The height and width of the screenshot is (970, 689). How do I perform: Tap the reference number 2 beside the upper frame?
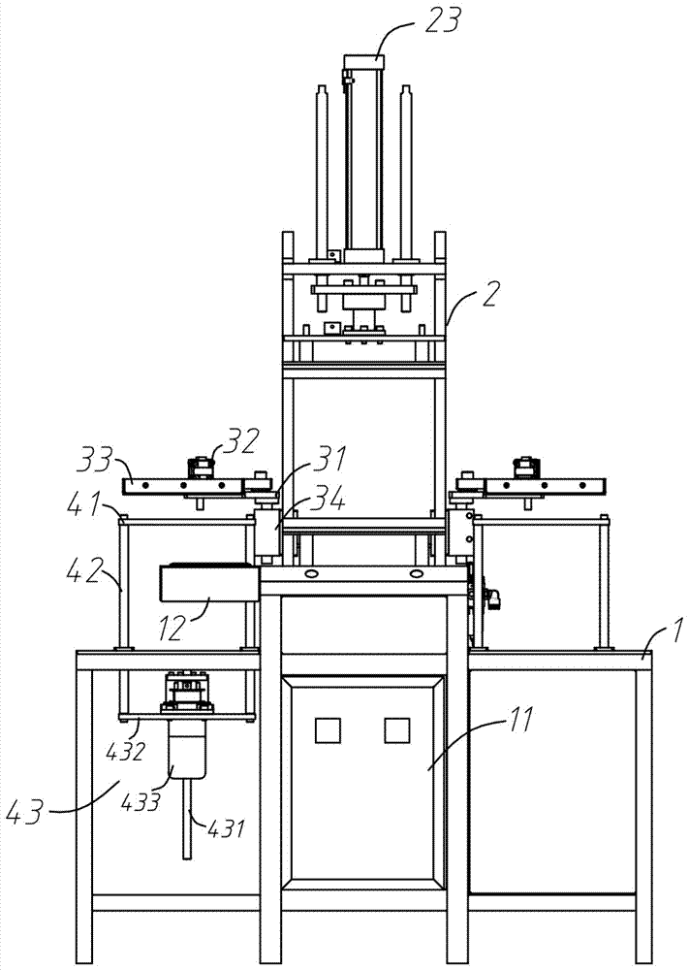pos(489,296)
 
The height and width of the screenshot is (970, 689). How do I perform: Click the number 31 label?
pos(330,460)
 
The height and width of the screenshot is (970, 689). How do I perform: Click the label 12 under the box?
pos(172,628)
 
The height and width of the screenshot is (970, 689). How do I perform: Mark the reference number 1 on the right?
pos(676,632)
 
